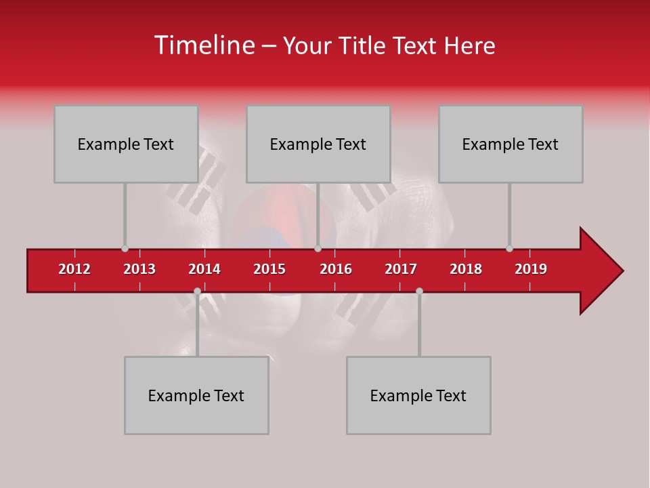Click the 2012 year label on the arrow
(x=74, y=269)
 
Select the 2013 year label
(x=139, y=269)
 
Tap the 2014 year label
(x=204, y=269)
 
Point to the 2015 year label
(x=269, y=269)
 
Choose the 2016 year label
(x=336, y=269)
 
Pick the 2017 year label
(x=401, y=269)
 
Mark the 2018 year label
(x=466, y=269)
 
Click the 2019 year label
(x=531, y=269)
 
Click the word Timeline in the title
(x=203, y=45)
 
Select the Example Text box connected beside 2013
(x=126, y=144)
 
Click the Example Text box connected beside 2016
(x=318, y=144)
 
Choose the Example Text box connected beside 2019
(x=511, y=144)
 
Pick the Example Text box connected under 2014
(x=196, y=395)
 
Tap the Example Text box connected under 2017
(x=418, y=395)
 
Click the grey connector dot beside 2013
(x=125, y=249)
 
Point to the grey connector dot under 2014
(x=197, y=291)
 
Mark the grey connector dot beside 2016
(x=318, y=249)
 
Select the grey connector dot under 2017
(x=419, y=291)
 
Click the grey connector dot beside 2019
(x=509, y=249)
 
